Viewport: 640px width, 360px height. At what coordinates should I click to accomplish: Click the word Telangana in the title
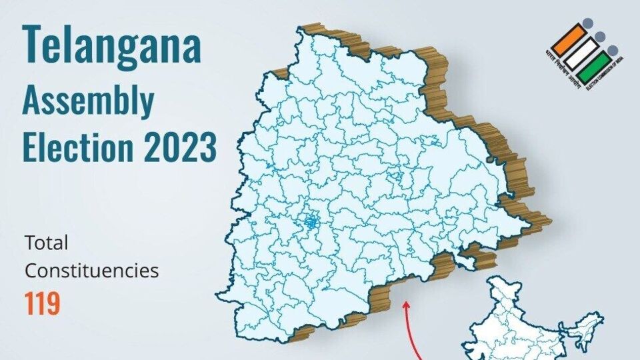pos(111,45)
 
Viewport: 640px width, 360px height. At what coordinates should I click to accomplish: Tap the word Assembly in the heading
pos(88,101)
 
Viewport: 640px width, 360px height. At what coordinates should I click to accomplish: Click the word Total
pos(47,242)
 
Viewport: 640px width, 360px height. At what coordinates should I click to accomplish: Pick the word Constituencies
pos(92,271)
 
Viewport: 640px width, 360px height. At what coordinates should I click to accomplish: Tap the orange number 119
pos(43,303)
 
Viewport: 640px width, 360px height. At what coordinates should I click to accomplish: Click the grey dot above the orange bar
pos(586,23)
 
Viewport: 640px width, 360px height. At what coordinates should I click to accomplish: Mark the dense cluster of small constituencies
pos(310,224)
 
